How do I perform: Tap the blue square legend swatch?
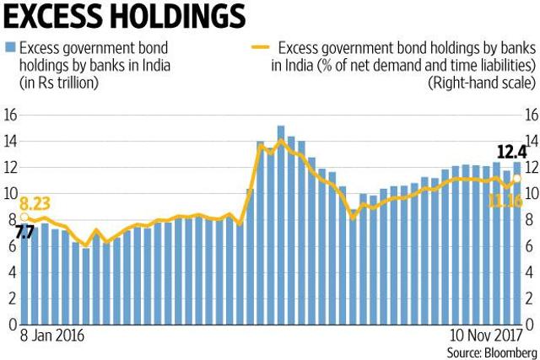pyautogui.click(x=10, y=47)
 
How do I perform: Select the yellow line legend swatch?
pyautogui.click(x=260, y=47)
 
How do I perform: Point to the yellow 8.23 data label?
pyautogui.click(x=35, y=203)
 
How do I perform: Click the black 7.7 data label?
pyautogui.click(x=24, y=233)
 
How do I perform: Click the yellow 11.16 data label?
pyautogui.click(x=505, y=201)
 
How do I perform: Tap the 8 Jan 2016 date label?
pyautogui.click(x=52, y=336)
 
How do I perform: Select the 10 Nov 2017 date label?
pyautogui.click(x=486, y=336)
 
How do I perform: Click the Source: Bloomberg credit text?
pyautogui.click(x=492, y=352)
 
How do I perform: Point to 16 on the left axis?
pyautogui.click(x=10, y=116)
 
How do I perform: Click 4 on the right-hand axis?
pyautogui.click(x=529, y=272)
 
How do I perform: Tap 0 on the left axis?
pyautogui.click(x=13, y=325)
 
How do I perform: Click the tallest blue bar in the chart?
pyautogui.click(x=281, y=225)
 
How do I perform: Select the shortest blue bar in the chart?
pyautogui.click(x=86, y=287)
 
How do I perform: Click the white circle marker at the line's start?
pyautogui.click(x=24, y=217)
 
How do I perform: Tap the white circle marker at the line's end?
pyautogui.click(x=517, y=178)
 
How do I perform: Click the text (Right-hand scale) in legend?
pyautogui.click(x=482, y=83)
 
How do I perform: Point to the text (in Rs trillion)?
pyautogui.click(x=59, y=83)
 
